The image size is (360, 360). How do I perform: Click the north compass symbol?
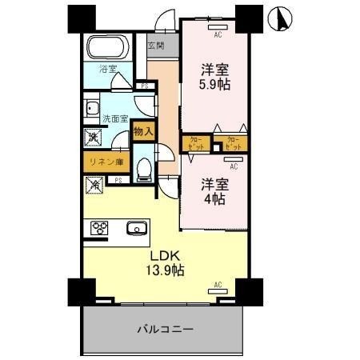click(281, 18)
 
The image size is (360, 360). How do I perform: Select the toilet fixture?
click(145, 167)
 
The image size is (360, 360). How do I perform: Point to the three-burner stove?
click(99, 230)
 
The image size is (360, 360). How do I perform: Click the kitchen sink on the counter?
click(137, 230)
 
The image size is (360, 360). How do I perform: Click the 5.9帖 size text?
click(215, 85)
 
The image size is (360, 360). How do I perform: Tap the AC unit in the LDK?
click(217, 286)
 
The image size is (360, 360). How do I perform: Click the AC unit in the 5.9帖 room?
click(217, 34)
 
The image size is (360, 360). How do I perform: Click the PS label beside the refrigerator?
click(118, 181)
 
